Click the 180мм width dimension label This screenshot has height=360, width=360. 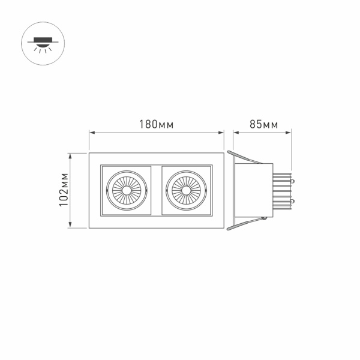[x=157, y=125]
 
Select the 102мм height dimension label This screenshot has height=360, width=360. [x=64, y=190]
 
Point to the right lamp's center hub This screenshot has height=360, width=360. [x=187, y=190]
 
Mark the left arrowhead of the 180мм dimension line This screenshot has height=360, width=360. [x=91, y=133]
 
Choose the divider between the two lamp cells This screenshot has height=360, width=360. [x=157, y=190]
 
